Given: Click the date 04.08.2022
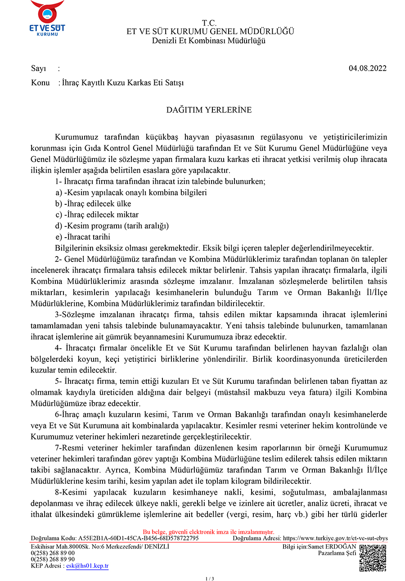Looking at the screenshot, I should point(367,69).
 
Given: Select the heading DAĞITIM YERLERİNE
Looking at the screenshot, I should point(209,110).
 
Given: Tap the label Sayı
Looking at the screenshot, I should point(39,69).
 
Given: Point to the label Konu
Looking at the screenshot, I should point(40,83).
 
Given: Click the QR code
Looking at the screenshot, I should point(373,558).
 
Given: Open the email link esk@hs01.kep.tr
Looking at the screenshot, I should point(87,566).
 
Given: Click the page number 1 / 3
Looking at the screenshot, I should point(210,578).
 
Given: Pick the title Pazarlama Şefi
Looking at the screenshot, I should point(337,553).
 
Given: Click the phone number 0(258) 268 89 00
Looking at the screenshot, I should point(53,553).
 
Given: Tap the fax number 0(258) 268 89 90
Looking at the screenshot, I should point(53,559).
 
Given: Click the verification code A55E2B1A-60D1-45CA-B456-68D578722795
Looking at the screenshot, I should point(139,538).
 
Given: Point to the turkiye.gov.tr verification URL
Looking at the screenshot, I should point(335,538).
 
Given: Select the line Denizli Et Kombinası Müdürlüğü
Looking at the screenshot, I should point(209,41).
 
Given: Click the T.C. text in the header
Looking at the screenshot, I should point(209,23).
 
